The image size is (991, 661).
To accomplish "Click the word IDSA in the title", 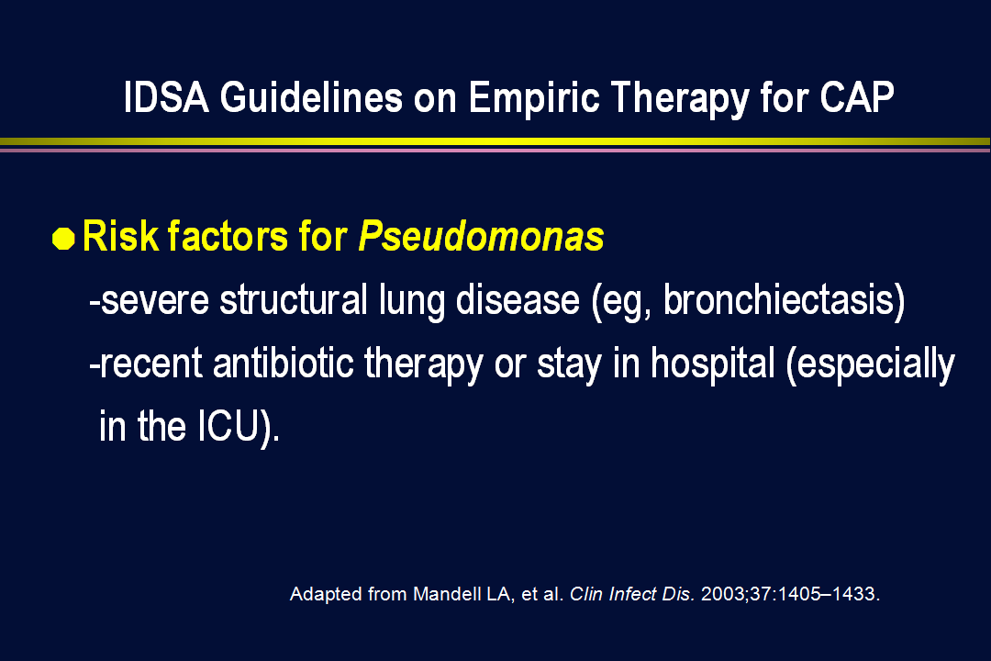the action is click(166, 97).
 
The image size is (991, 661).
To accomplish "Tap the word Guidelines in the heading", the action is click(311, 97).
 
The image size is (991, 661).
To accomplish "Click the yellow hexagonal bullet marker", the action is click(63, 239).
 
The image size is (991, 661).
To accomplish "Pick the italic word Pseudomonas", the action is click(481, 236).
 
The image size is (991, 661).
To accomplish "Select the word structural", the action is click(294, 299).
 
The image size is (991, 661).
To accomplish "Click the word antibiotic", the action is click(283, 363).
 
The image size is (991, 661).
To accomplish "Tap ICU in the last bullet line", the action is click(228, 426).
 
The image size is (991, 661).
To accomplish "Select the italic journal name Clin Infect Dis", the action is click(632, 594).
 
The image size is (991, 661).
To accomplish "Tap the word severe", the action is click(155, 300).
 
